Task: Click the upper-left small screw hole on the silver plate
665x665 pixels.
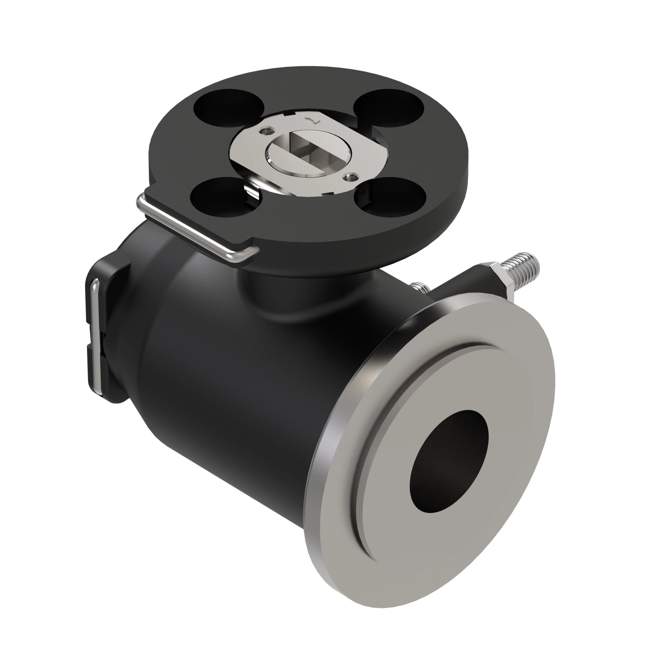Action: point(266,131)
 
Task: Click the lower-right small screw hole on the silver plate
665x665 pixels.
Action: point(350,177)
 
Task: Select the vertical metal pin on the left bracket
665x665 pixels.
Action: point(95,337)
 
